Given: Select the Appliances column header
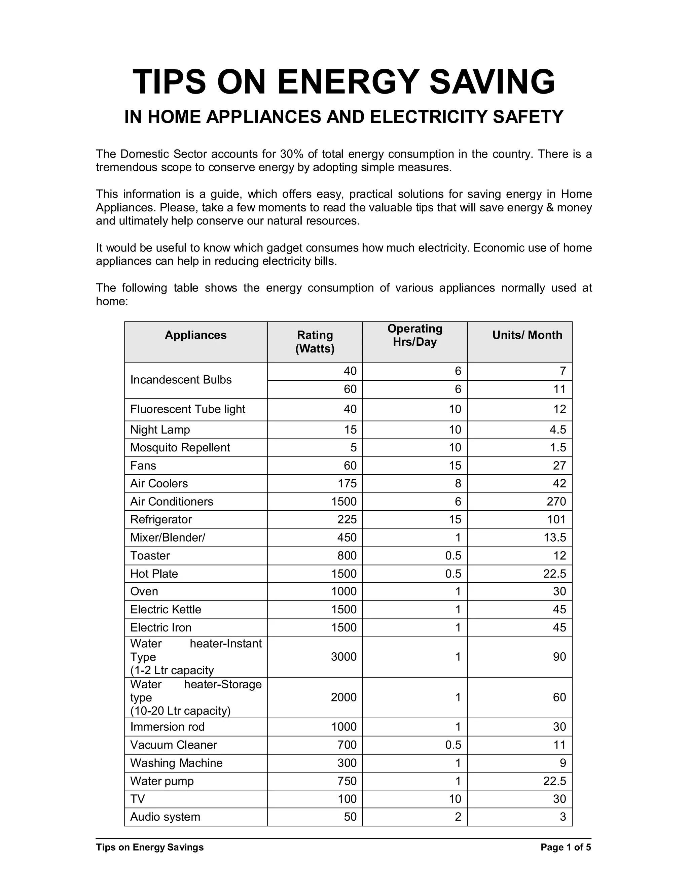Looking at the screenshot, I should pos(195,335).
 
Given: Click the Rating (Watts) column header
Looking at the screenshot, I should pos(315,342).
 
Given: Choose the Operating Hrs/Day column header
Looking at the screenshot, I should pos(415,335).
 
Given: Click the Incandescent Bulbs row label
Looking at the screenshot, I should pos(181,380).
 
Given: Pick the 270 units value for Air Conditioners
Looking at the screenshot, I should pos(556,502).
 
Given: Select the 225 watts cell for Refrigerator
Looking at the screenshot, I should pos(347,519).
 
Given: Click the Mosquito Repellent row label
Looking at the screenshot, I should pos(180,448).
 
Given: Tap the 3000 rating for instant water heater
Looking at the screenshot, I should pos(344,657).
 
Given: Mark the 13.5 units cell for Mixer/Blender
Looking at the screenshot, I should pos(555,538).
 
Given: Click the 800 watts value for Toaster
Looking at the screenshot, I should pos(347,555).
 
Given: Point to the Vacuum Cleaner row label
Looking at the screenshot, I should pos(174,745).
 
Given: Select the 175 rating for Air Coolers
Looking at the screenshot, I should pos(347,484).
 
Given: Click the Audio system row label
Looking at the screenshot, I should pos(165,817).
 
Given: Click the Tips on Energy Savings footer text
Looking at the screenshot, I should pos(150,847).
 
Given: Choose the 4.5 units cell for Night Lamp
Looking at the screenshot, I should pos(558,430).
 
